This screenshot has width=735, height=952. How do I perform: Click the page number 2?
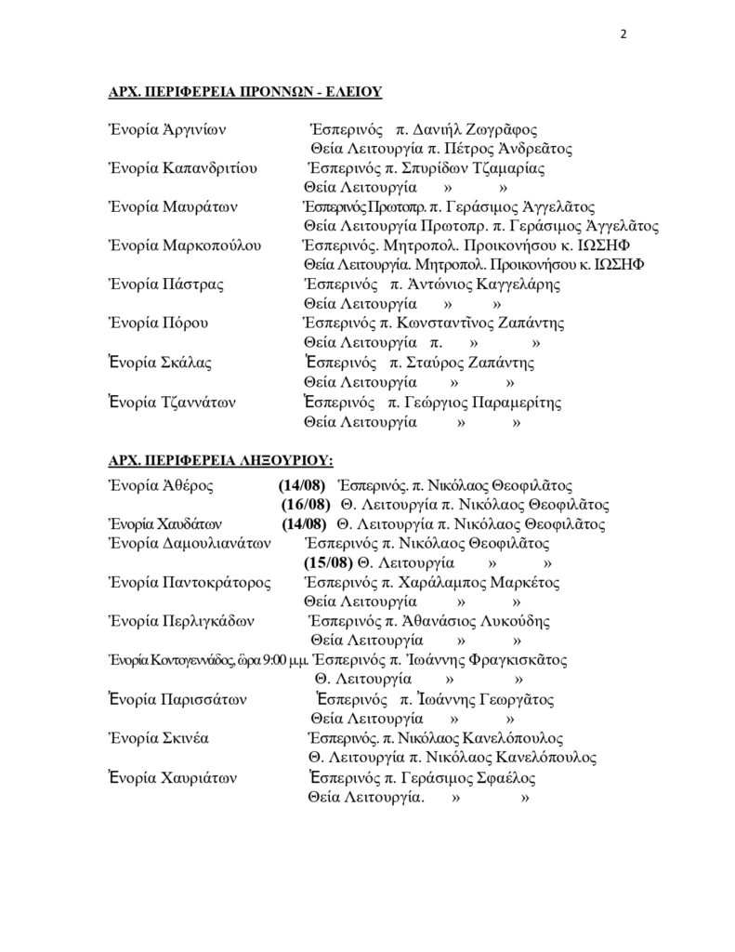click(623, 35)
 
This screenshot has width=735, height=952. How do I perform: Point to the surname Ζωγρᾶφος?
click(501, 129)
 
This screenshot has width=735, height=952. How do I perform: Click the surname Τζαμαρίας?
click(510, 168)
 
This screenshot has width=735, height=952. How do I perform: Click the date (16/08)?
click(306, 505)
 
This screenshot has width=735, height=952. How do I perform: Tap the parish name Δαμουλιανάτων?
click(217, 543)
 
